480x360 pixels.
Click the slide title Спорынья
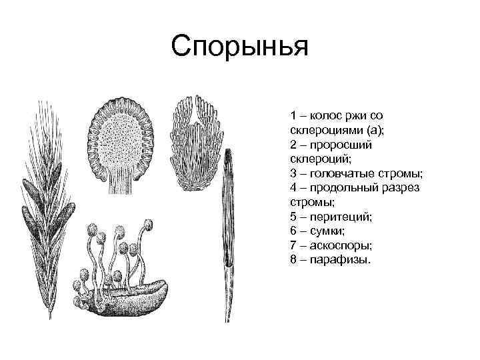pos(239,47)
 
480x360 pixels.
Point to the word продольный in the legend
pos(351,187)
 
